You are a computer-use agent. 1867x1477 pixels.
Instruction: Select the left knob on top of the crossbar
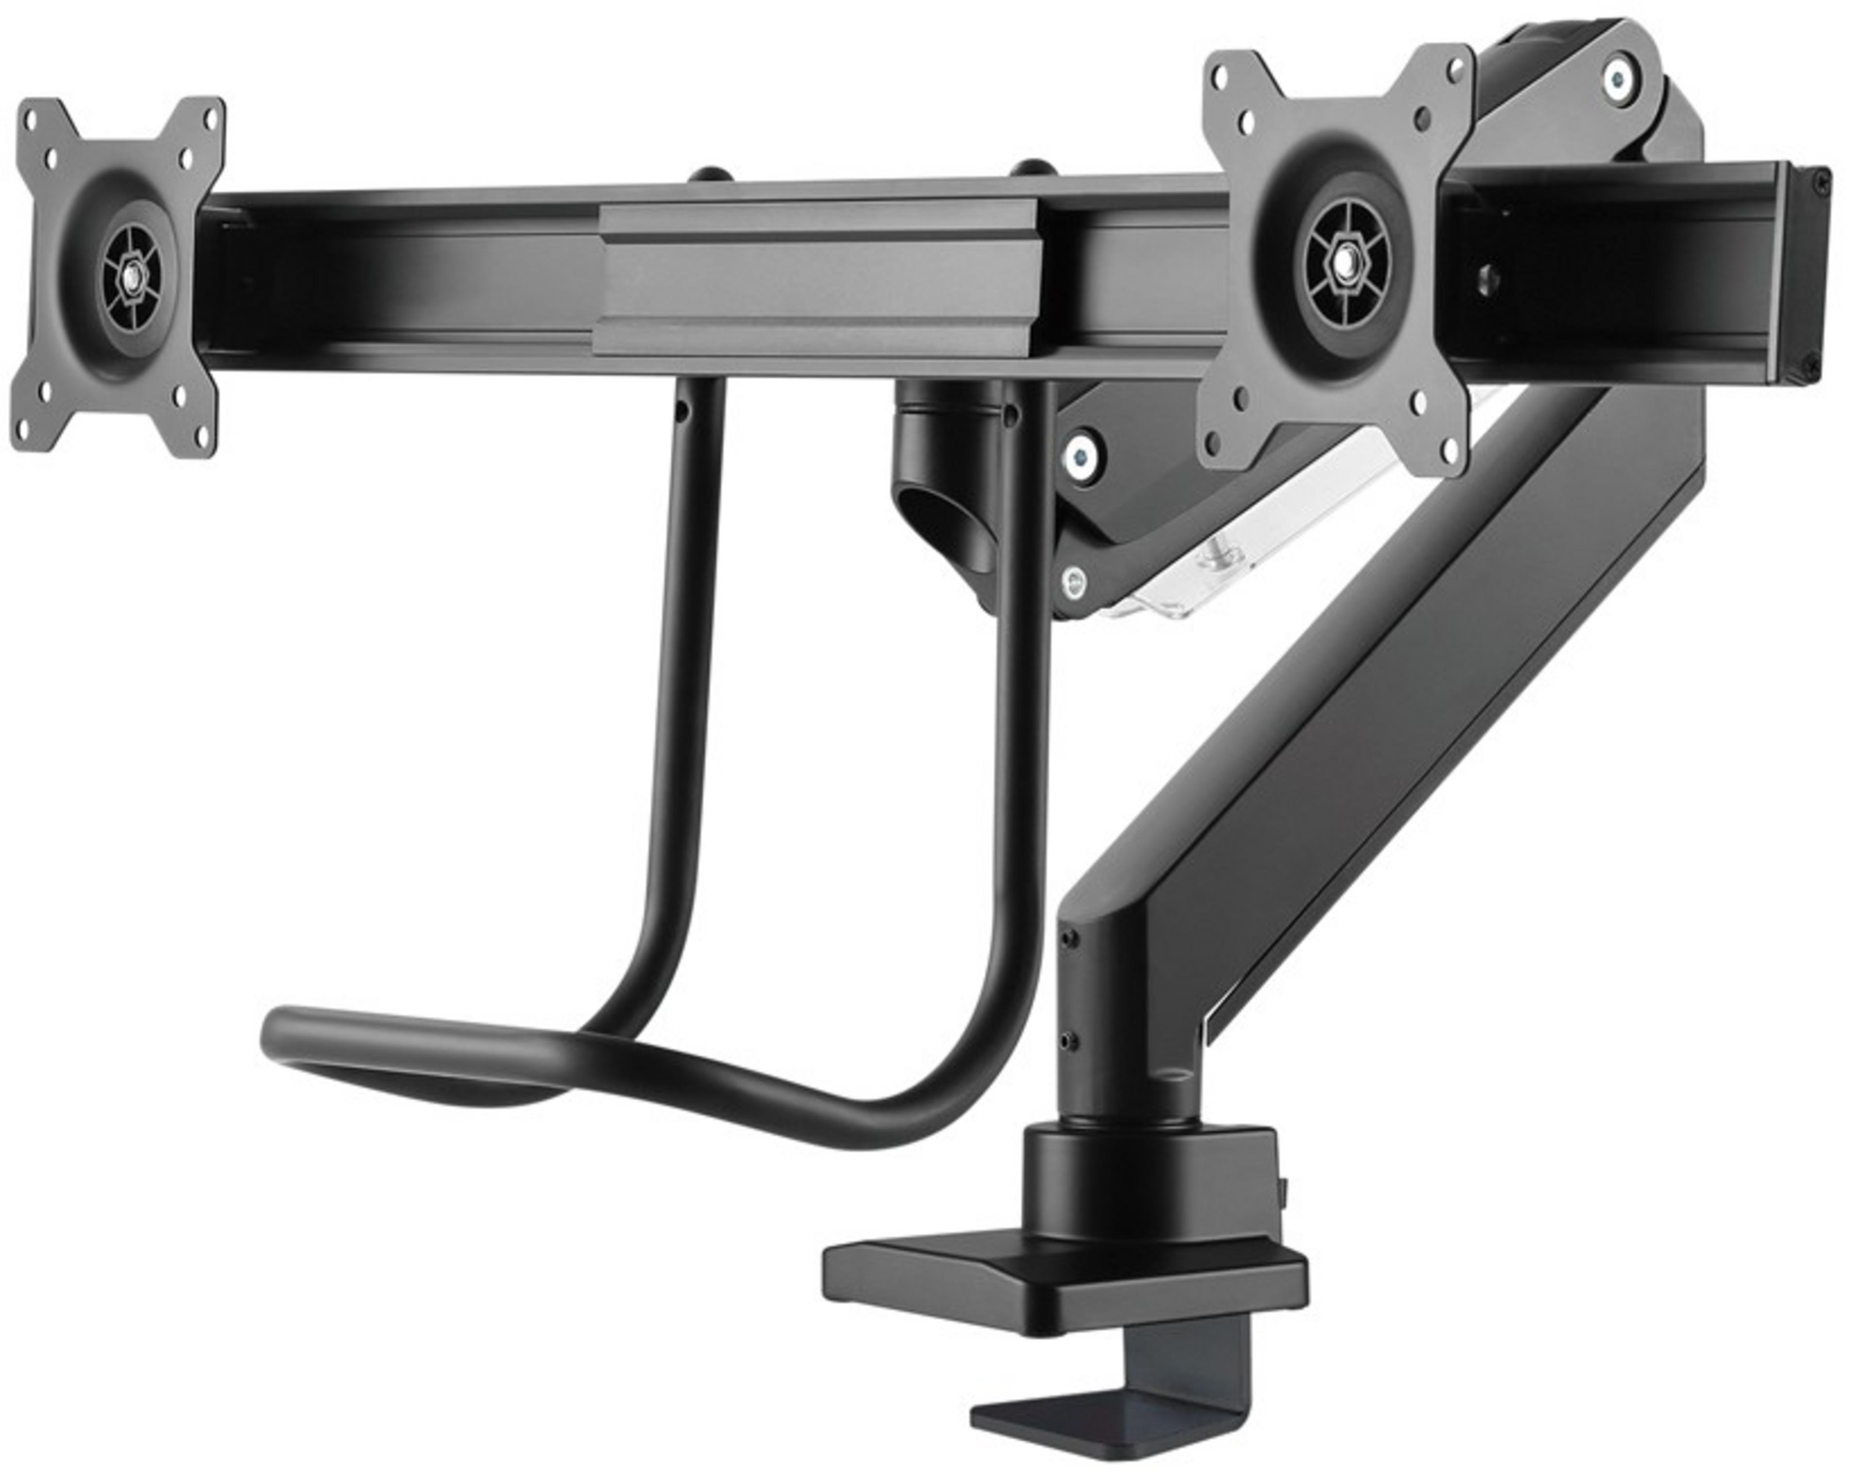tap(710, 175)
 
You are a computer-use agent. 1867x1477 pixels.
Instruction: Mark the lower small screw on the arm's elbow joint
tap(1070, 1040)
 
